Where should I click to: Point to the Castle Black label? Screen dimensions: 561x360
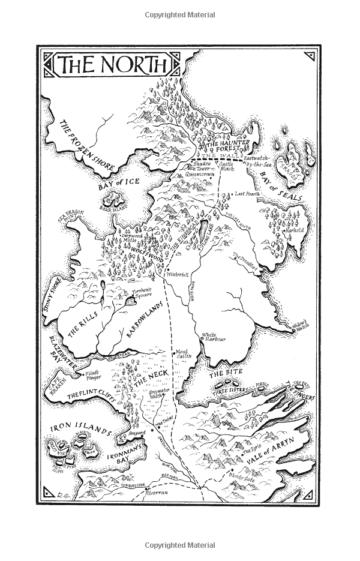226,167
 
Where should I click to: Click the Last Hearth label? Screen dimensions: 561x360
249,194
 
